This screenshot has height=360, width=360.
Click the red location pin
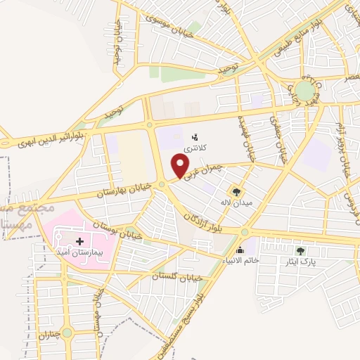click(181, 165)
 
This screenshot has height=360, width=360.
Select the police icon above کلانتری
click(196, 136)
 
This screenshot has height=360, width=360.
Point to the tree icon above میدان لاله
click(236, 191)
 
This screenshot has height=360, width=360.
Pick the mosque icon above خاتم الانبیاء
click(240, 250)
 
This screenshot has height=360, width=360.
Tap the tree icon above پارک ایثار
click(301, 250)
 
